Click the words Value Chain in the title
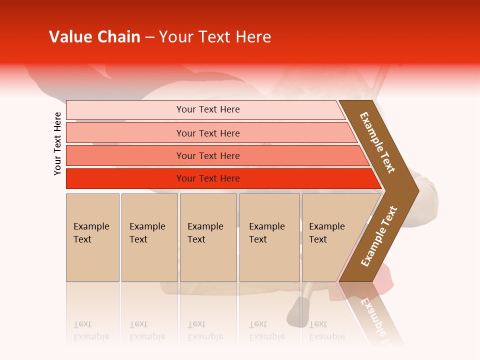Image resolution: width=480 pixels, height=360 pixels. tap(94, 37)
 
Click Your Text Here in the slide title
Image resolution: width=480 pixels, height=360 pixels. tap(215, 37)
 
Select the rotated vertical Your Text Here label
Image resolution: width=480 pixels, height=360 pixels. tap(57, 143)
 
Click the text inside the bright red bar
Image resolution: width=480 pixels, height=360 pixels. tap(208, 178)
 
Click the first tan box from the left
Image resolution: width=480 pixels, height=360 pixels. tap(92, 237)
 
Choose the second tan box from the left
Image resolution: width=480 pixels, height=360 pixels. tap(149, 237)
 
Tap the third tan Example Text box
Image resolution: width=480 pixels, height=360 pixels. tap(208, 237)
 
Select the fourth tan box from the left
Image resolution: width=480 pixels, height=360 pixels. tap(269, 237)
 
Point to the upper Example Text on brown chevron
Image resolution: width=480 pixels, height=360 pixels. tap(377, 142)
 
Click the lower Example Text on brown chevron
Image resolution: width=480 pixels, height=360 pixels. tap(379, 236)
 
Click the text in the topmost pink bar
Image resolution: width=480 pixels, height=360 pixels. tap(208, 109)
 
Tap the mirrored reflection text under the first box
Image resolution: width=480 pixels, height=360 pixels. tap(91, 330)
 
